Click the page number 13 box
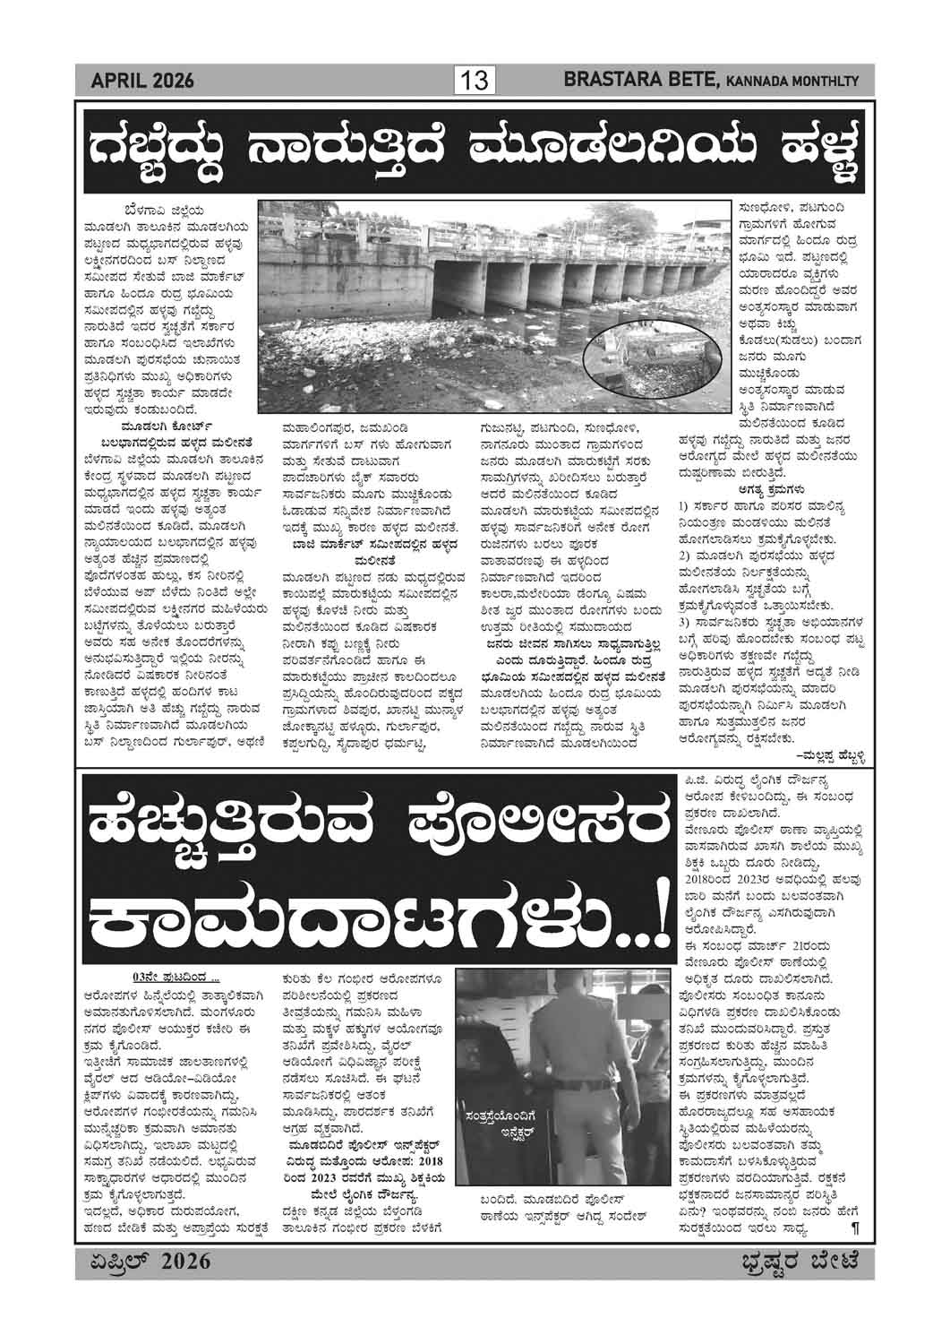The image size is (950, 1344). pos(475,82)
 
